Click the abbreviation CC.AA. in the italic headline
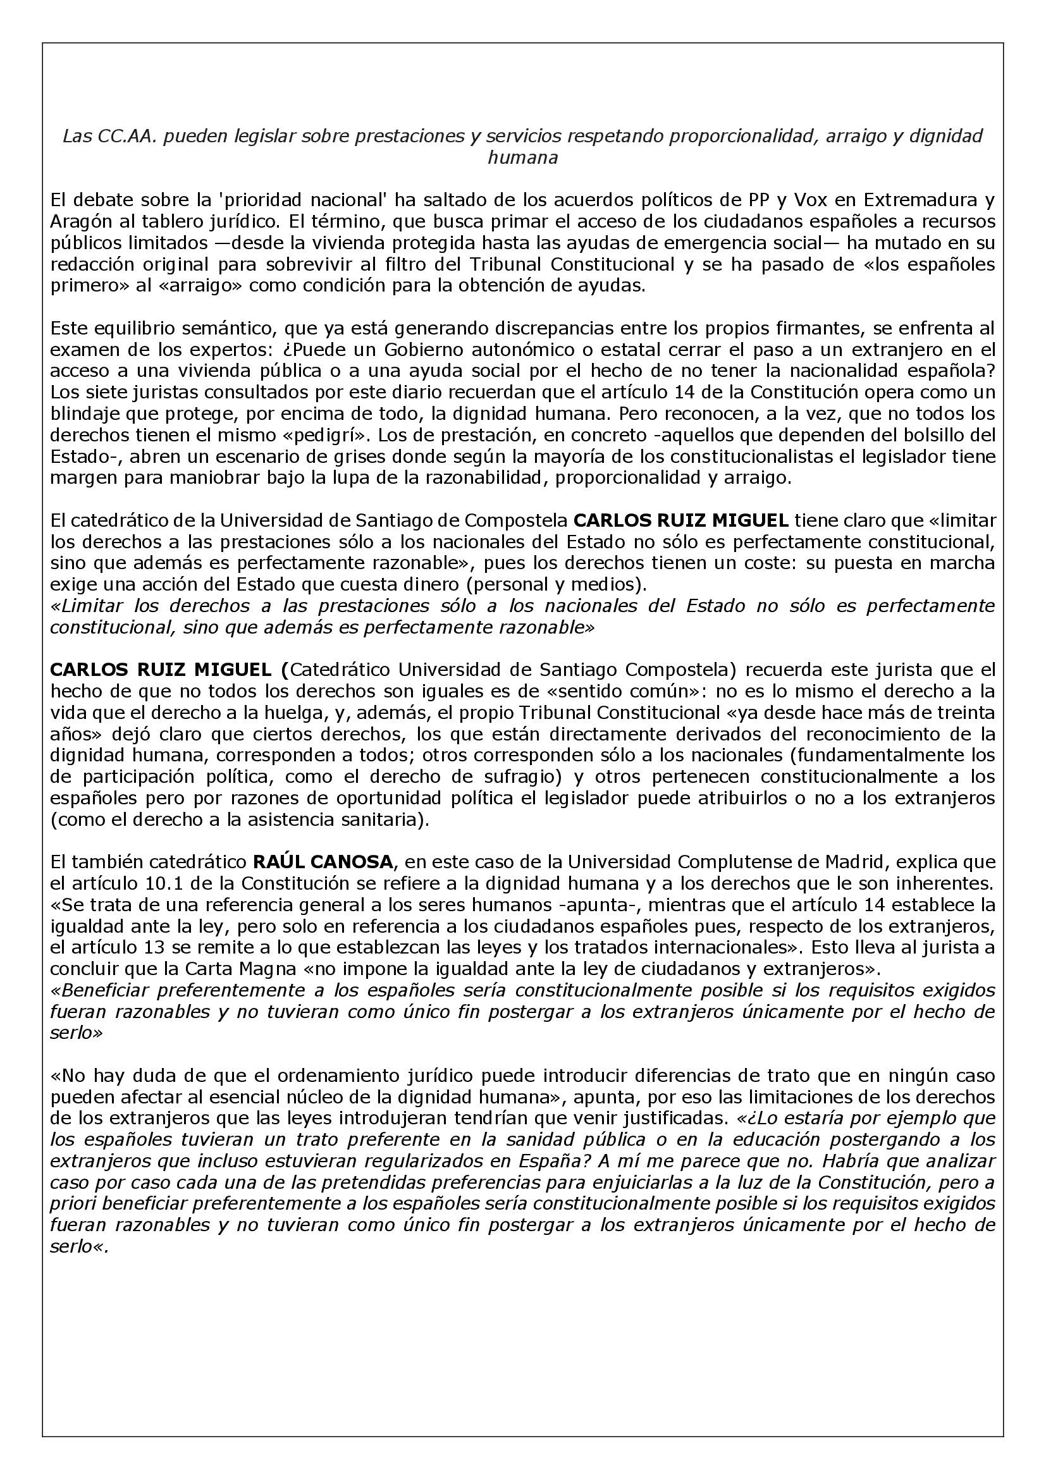123,137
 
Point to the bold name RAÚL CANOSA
323,862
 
